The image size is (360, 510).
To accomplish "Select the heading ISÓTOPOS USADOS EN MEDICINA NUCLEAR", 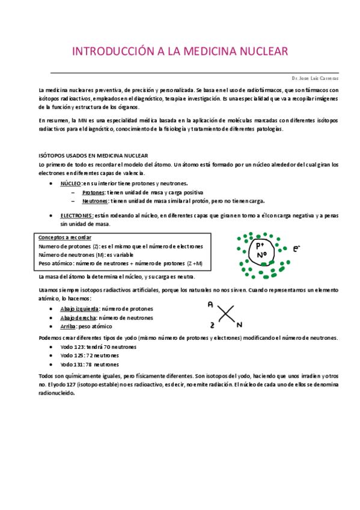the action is click(x=93, y=155).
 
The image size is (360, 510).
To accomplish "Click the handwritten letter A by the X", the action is click(x=210, y=305).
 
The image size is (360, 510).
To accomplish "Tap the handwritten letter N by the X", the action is click(x=239, y=325).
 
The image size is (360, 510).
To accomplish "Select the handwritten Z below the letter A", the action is click(x=212, y=325).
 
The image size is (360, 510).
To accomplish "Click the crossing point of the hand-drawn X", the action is click(x=225, y=315).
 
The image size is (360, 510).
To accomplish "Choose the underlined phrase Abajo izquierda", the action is click(x=78, y=309).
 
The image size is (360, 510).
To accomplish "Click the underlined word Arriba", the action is click(x=68, y=326).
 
